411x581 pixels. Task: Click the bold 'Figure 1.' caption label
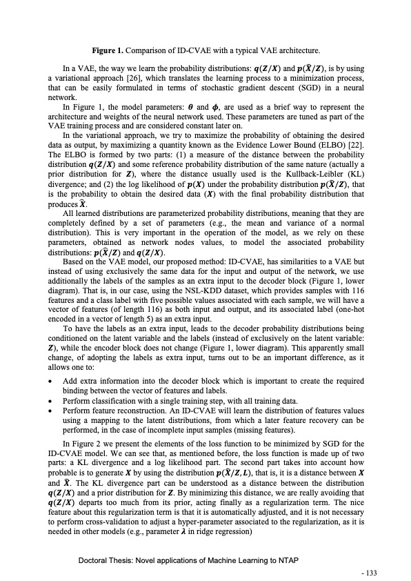click(x=111, y=50)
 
